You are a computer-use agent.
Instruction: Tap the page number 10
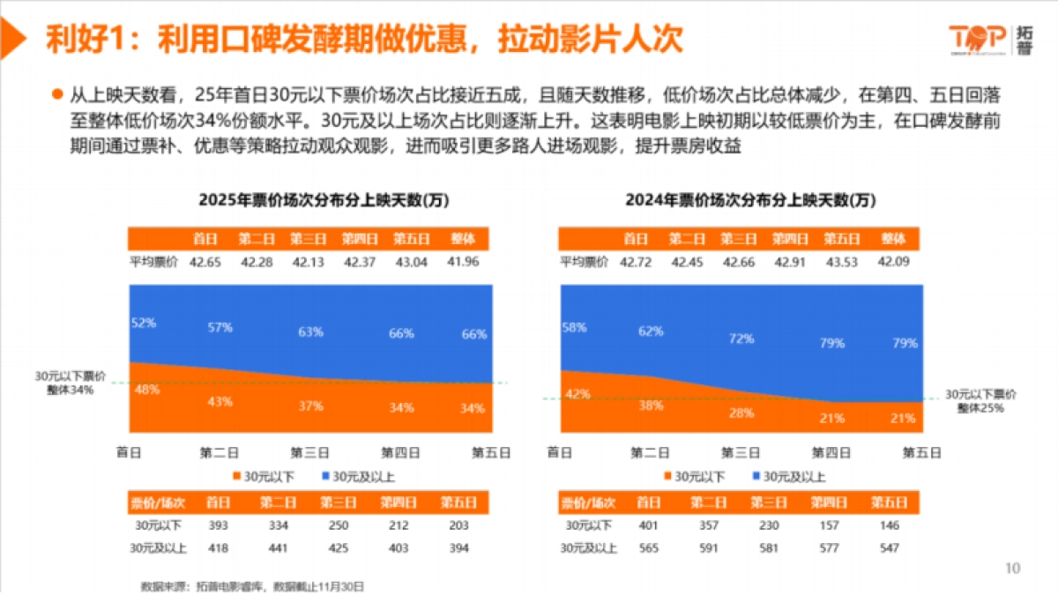pyautogui.click(x=1012, y=569)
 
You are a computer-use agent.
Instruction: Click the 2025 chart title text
pyautogui.click(x=324, y=200)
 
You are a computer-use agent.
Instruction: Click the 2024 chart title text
pyautogui.click(x=751, y=200)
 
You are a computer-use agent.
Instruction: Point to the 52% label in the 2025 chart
pyautogui.click(x=143, y=323)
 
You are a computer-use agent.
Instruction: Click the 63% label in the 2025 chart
pyautogui.click(x=309, y=332)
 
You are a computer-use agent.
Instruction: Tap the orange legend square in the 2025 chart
pyautogui.click(x=235, y=477)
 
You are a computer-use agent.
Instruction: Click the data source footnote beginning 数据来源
pyautogui.click(x=253, y=585)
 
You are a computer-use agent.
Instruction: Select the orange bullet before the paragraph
pyautogui.click(x=57, y=93)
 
